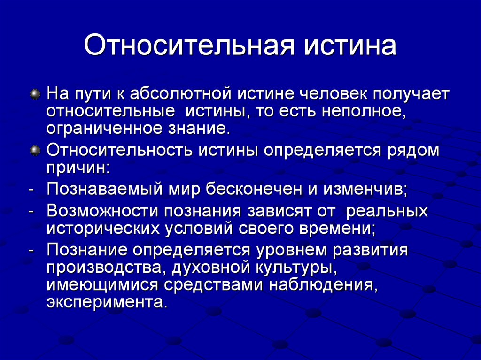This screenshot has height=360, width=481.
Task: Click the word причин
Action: pos(78,168)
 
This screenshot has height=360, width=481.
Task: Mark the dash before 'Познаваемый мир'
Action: pos(31,190)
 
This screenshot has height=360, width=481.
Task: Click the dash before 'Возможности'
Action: pos(31,211)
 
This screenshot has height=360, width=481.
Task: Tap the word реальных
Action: pos(387,211)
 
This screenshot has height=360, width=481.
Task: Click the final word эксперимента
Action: pos(106,302)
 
